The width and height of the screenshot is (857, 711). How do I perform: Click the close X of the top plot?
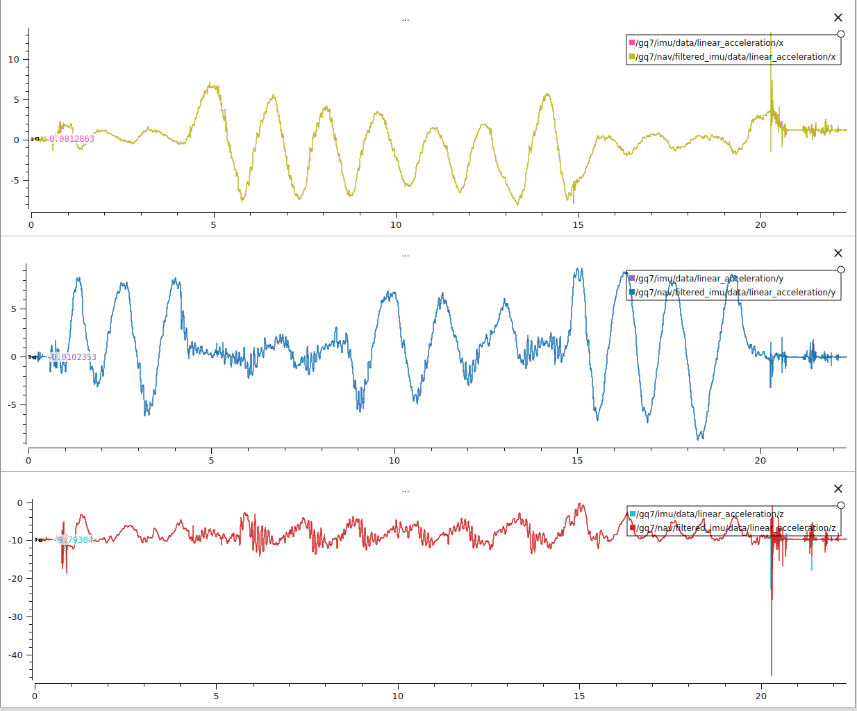[x=838, y=17]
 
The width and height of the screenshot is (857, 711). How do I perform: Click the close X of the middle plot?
[x=838, y=253]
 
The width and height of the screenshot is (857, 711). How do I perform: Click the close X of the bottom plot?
[x=838, y=489]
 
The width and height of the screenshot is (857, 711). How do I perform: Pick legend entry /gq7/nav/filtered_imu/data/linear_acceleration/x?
[x=735, y=57]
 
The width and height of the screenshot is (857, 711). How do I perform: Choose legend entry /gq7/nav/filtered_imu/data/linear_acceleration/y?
[x=735, y=293]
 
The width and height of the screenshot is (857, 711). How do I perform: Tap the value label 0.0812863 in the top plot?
[x=72, y=139]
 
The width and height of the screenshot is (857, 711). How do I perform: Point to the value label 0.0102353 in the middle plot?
[x=74, y=357]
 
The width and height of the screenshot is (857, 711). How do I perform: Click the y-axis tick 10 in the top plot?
[x=14, y=60]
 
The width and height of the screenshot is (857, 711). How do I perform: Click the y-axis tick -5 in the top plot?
[x=15, y=181]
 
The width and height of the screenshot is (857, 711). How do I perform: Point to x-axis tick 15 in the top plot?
[x=578, y=224]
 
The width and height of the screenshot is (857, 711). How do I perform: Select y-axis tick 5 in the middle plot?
[x=14, y=309]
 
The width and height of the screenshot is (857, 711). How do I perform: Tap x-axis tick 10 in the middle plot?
[x=394, y=460]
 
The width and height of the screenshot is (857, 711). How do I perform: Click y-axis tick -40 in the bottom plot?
[x=15, y=655]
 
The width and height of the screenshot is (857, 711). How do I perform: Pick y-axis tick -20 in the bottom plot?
[x=15, y=579]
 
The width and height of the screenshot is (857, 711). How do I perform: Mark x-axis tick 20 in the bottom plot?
[x=761, y=696]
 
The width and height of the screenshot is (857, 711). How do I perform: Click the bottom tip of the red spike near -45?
[x=772, y=675]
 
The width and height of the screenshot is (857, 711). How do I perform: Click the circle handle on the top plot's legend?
[x=841, y=34]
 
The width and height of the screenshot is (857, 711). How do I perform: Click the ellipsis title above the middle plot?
[x=406, y=256]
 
